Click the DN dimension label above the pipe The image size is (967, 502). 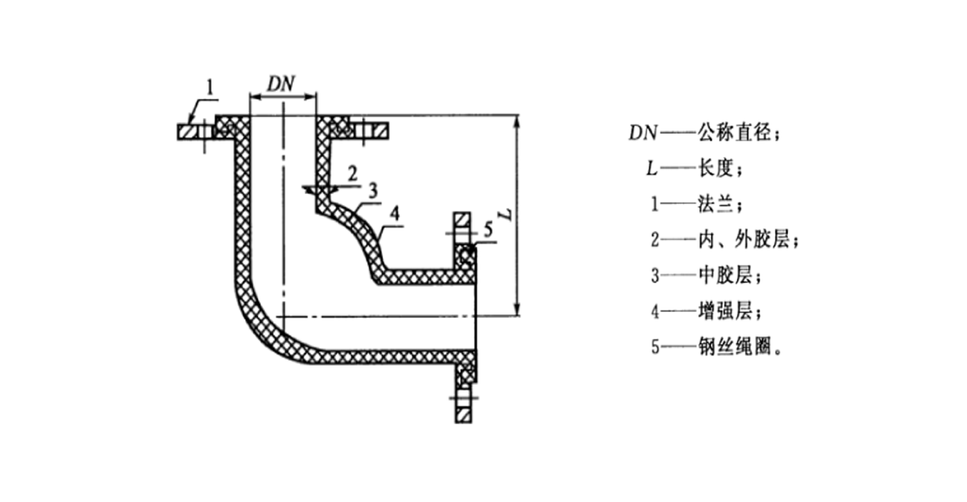point(282,84)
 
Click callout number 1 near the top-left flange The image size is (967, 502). point(211,86)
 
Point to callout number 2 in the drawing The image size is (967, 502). point(352,174)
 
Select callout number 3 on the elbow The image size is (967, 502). point(374,189)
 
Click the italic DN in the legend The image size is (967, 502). point(643,134)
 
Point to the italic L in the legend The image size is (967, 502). point(651,169)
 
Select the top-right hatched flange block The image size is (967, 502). point(375,131)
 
